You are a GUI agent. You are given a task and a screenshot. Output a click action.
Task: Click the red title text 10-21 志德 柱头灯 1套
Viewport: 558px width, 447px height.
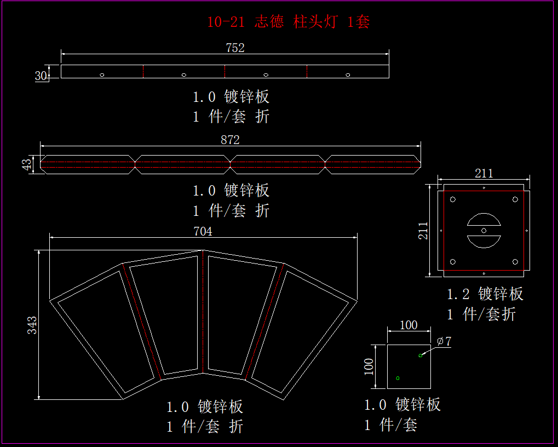289,22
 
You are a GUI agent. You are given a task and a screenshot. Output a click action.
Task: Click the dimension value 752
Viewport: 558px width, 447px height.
235,48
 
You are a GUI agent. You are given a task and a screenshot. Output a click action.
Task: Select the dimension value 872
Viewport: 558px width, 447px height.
230,140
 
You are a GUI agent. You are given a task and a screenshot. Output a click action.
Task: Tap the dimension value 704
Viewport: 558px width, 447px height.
203,231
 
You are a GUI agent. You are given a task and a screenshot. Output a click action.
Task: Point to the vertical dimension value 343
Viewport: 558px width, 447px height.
32,325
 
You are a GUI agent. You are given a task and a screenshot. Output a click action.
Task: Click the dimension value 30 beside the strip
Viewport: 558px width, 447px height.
41,76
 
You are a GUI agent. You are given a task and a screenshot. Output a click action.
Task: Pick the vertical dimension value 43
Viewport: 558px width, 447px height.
26,164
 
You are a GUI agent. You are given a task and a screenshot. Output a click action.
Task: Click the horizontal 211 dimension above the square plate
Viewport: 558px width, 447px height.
484,174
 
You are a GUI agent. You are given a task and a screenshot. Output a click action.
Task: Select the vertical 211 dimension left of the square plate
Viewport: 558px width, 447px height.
423,231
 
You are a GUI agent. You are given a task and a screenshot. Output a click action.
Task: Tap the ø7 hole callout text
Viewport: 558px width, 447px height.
444,341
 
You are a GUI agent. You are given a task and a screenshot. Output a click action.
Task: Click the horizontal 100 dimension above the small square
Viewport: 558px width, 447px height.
409,325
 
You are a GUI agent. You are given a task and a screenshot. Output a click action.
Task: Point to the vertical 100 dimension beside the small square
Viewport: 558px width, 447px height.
369,366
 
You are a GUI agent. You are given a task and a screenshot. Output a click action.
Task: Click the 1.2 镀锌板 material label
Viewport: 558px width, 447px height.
485,294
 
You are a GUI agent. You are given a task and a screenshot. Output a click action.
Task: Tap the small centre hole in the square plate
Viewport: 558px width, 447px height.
484,231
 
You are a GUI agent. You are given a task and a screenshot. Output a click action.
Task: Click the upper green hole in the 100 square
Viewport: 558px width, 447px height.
421,356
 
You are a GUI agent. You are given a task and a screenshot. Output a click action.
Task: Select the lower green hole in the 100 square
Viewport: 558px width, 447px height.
398,378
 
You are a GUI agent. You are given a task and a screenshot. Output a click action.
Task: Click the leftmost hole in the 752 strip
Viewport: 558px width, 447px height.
102,74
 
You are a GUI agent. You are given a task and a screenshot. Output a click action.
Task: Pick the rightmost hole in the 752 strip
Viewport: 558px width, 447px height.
348,74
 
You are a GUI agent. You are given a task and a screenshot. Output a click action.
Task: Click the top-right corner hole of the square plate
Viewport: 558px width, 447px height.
515,199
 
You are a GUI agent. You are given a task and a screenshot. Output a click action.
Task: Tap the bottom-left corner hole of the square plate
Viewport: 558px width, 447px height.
453,262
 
